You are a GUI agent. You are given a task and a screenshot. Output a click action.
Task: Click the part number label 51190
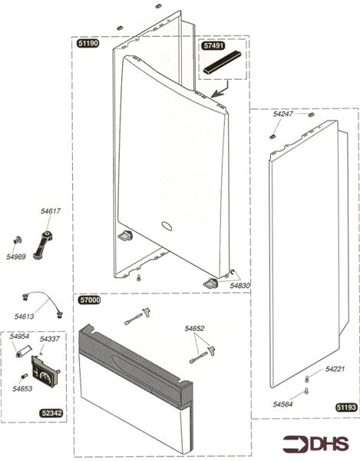[x=88, y=45]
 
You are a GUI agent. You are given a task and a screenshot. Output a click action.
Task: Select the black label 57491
[x=213, y=45]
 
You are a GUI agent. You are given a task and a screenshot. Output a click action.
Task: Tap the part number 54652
[x=194, y=329]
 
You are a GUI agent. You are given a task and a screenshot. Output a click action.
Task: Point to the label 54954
[x=19, y=337]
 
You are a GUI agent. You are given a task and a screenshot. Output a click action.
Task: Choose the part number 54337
[x=49, y=339]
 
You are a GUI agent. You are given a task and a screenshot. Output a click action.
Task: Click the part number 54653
[x=22, y=389]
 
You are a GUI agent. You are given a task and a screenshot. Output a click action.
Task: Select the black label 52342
[x=51, y=413]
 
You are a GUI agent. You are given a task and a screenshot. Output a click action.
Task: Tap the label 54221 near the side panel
[x=335, y=370]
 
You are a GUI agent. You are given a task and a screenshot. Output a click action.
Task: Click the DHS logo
[x=315, y=443]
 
